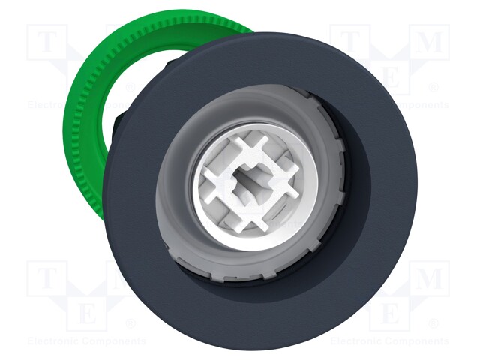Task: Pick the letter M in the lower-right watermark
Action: pyautogui.click(x=429, y=280)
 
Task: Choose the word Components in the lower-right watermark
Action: pyautogui.click(x=415, y=341)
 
